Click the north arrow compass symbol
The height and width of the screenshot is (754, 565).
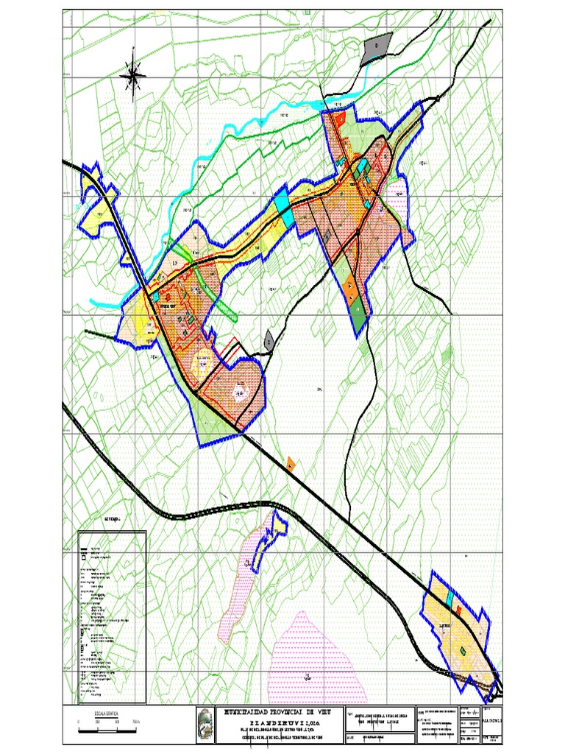(133, 72)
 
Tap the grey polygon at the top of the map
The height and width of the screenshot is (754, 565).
(376, 49)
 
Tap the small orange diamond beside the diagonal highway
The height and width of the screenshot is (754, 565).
(291, 464)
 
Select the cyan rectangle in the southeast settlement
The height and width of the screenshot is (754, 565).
(449, 600)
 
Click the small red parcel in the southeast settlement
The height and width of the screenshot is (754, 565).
(458, 610)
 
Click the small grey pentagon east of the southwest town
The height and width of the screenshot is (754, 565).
(269, 340)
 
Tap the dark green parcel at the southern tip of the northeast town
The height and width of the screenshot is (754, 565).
(358, 317)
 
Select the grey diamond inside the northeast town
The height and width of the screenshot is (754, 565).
(327, 236)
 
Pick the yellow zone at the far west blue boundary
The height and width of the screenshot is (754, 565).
(96, 212)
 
